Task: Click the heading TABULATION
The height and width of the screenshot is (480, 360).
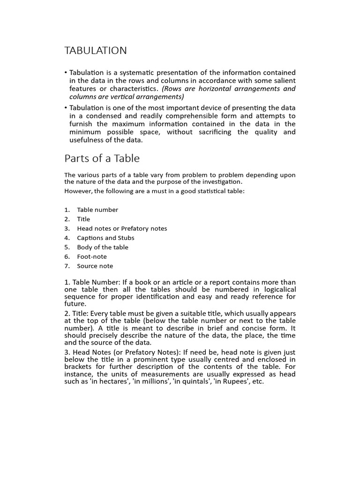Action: [x=96, y=51]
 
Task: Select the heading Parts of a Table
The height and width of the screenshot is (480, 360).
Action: [x=102, y=158]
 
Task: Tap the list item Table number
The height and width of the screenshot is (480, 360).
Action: [x=97, y=210]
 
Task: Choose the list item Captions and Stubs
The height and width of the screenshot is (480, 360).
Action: [x=105, y=238]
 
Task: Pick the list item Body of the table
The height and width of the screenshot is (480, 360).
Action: [x=103, y=247]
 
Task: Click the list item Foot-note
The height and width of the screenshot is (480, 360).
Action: [x=92, y=257]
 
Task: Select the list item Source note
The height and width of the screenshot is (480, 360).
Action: [x=95, y=266]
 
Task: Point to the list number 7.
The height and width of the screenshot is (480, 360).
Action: [x=67, y=266]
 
